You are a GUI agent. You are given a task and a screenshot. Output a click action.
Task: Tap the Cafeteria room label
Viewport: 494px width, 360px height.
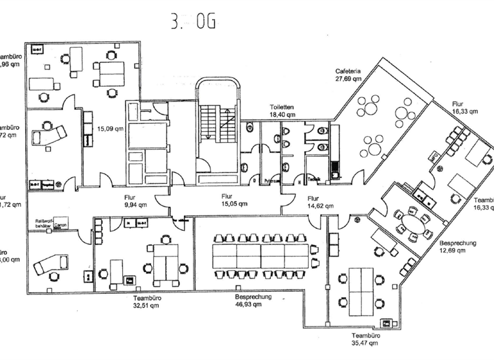coord(347,71)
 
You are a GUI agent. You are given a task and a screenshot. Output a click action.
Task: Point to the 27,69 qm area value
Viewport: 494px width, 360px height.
coord(347,78)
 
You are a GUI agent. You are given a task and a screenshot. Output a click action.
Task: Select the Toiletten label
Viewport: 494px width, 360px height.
coord(282,107)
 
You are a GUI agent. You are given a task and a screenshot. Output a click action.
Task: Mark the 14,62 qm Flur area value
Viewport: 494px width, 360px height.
coord(320,206)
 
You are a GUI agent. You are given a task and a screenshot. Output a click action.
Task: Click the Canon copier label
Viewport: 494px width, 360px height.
coord(61,226)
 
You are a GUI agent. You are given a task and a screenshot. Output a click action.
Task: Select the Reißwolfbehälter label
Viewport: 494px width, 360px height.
coord(42,223)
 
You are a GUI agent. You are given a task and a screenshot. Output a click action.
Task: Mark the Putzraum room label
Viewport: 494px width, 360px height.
coord(272,181)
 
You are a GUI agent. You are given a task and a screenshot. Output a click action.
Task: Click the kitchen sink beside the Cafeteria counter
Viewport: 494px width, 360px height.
coord(334,172)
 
